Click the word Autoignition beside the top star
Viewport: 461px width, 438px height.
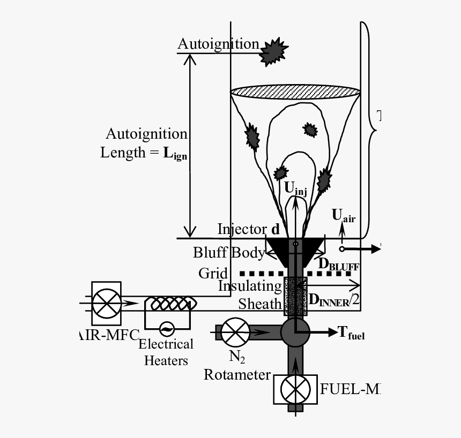pyautogui.click(x=218, y=44)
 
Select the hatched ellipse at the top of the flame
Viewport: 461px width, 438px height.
pyautogui.click(x=295, y=92)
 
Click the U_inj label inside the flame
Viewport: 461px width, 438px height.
pyautogui.click(x=295, y=188)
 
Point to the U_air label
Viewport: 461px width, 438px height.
pyautogui.click(x=344, y=215)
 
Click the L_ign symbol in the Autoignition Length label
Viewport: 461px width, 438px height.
pyautogui.click(x=175, y=154)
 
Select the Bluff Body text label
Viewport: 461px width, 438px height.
pyautogui.click(x=229, y=252)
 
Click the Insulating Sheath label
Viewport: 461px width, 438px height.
pyautogui.click(x=250, y=295)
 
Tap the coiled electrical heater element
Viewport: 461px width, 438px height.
pyautogui.click(x=170, y=304)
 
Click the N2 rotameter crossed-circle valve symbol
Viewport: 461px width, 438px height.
pyautogui.click(x=235, y=333)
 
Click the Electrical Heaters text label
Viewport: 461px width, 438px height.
pyautogui.click(x=166, y=352)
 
